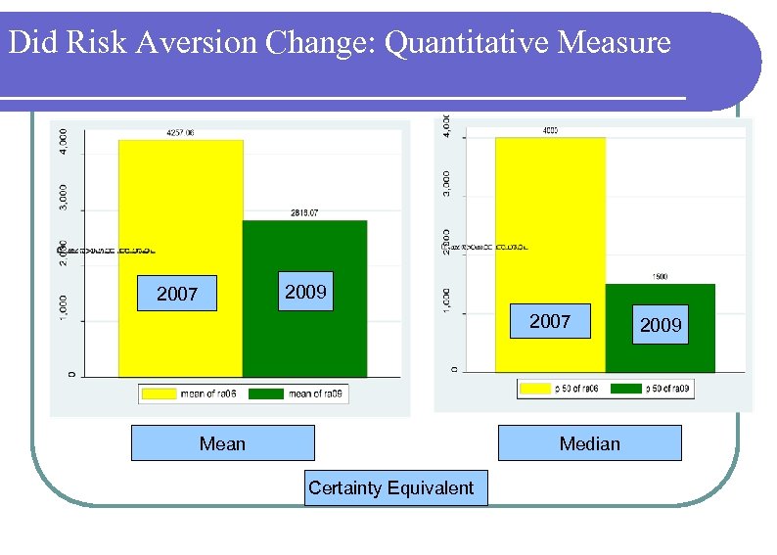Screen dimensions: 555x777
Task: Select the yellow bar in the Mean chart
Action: [x=181, y=215]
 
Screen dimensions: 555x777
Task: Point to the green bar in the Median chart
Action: [x=661, y=352]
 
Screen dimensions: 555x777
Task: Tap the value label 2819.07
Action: [x=304, y=212]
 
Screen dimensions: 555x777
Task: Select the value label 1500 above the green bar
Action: [x=661, y=277]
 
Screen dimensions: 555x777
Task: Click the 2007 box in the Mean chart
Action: [x=177, y=294]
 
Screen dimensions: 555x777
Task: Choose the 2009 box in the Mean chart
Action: [x=305, y=292]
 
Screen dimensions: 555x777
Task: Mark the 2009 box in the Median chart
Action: [x=661, y=325]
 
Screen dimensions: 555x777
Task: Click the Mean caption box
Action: [x=222, y=443]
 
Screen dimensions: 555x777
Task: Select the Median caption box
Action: [x=589, y=443]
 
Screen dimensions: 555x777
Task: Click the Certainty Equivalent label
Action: [x=390, y=487]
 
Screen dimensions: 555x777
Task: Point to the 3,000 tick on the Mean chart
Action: [x=65, y=193]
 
